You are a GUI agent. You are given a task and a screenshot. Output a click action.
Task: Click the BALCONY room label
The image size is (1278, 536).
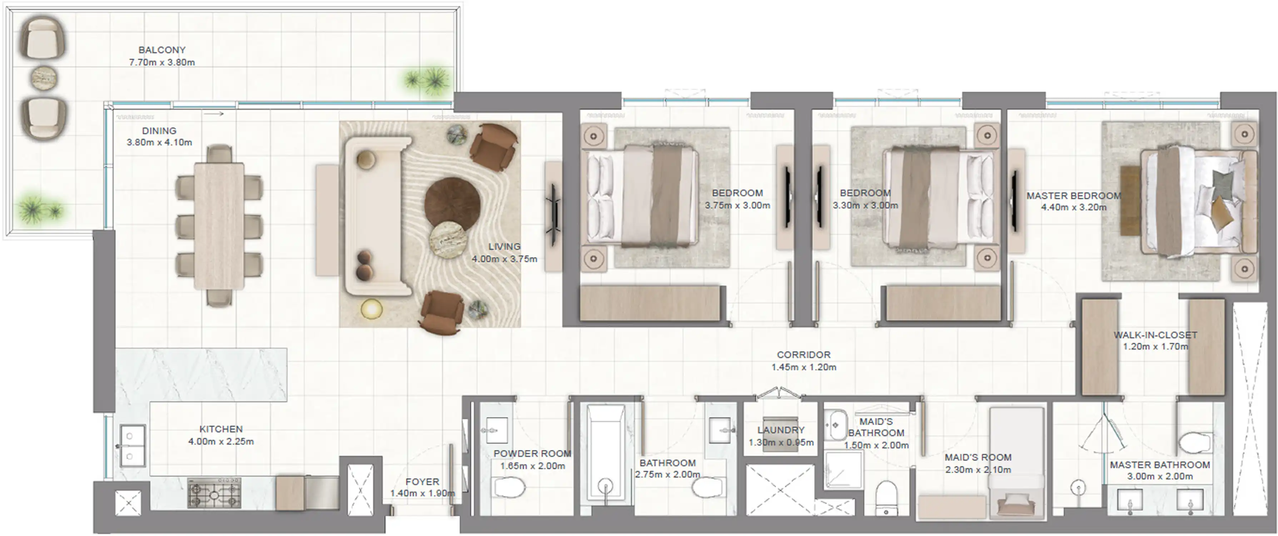[x=162, y=50]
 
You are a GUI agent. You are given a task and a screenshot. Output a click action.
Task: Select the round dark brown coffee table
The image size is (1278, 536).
[x=452, y=203]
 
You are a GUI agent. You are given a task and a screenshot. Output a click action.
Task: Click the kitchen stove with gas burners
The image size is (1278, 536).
[x=214, y=493]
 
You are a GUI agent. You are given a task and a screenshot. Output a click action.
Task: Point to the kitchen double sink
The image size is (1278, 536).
[x=133, y=446]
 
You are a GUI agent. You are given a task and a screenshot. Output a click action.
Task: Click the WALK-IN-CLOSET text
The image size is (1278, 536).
[x=1155, y=335]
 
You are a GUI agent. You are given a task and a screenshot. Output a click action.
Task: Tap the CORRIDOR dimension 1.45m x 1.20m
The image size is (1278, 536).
[x=804, y=367]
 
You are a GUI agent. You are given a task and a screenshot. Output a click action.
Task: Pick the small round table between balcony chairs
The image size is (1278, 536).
[x=45, y=78]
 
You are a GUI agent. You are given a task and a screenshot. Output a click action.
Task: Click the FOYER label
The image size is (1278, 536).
[x=422, y=482]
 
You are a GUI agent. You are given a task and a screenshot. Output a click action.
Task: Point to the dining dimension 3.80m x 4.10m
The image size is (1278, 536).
[x=159, y=143]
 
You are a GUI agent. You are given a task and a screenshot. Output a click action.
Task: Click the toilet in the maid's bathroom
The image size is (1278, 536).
[x=886, y=496]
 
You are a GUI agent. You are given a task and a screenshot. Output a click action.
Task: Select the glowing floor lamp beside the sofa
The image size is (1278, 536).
[x=371, y=309]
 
